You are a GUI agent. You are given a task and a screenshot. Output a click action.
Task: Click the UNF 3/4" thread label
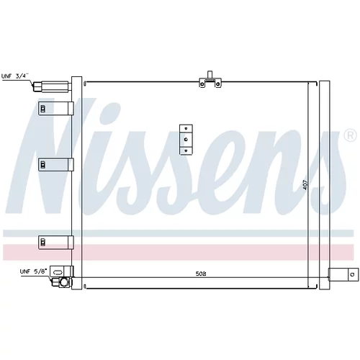[x=15, y=76]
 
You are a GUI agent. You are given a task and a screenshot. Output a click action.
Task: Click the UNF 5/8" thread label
[x=34, y=271]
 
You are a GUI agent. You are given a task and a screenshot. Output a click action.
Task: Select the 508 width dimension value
[x=201, y=274]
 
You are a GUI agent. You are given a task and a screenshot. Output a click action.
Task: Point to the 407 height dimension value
[x=305, y=184]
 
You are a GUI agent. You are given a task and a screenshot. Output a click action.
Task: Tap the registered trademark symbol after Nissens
[x=350, y=135]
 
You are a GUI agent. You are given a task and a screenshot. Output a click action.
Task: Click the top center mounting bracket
[x=210, y=79]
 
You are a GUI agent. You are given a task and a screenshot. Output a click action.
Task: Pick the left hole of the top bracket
[x=202, y=84]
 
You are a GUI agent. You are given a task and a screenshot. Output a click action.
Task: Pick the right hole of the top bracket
[x=217, y=84]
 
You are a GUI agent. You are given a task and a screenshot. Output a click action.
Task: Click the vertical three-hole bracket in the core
[x=186, y=140]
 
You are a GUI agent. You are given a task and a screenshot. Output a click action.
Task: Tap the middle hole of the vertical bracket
[x=186, y=139]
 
